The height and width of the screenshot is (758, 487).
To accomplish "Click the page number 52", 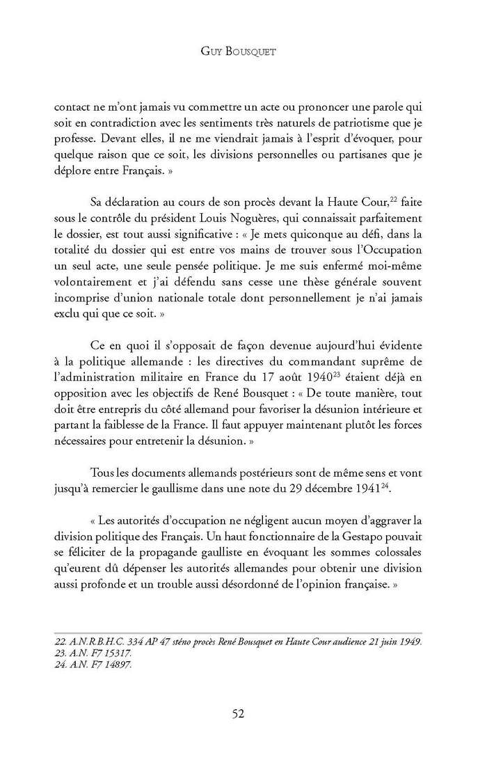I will [243, 713].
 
